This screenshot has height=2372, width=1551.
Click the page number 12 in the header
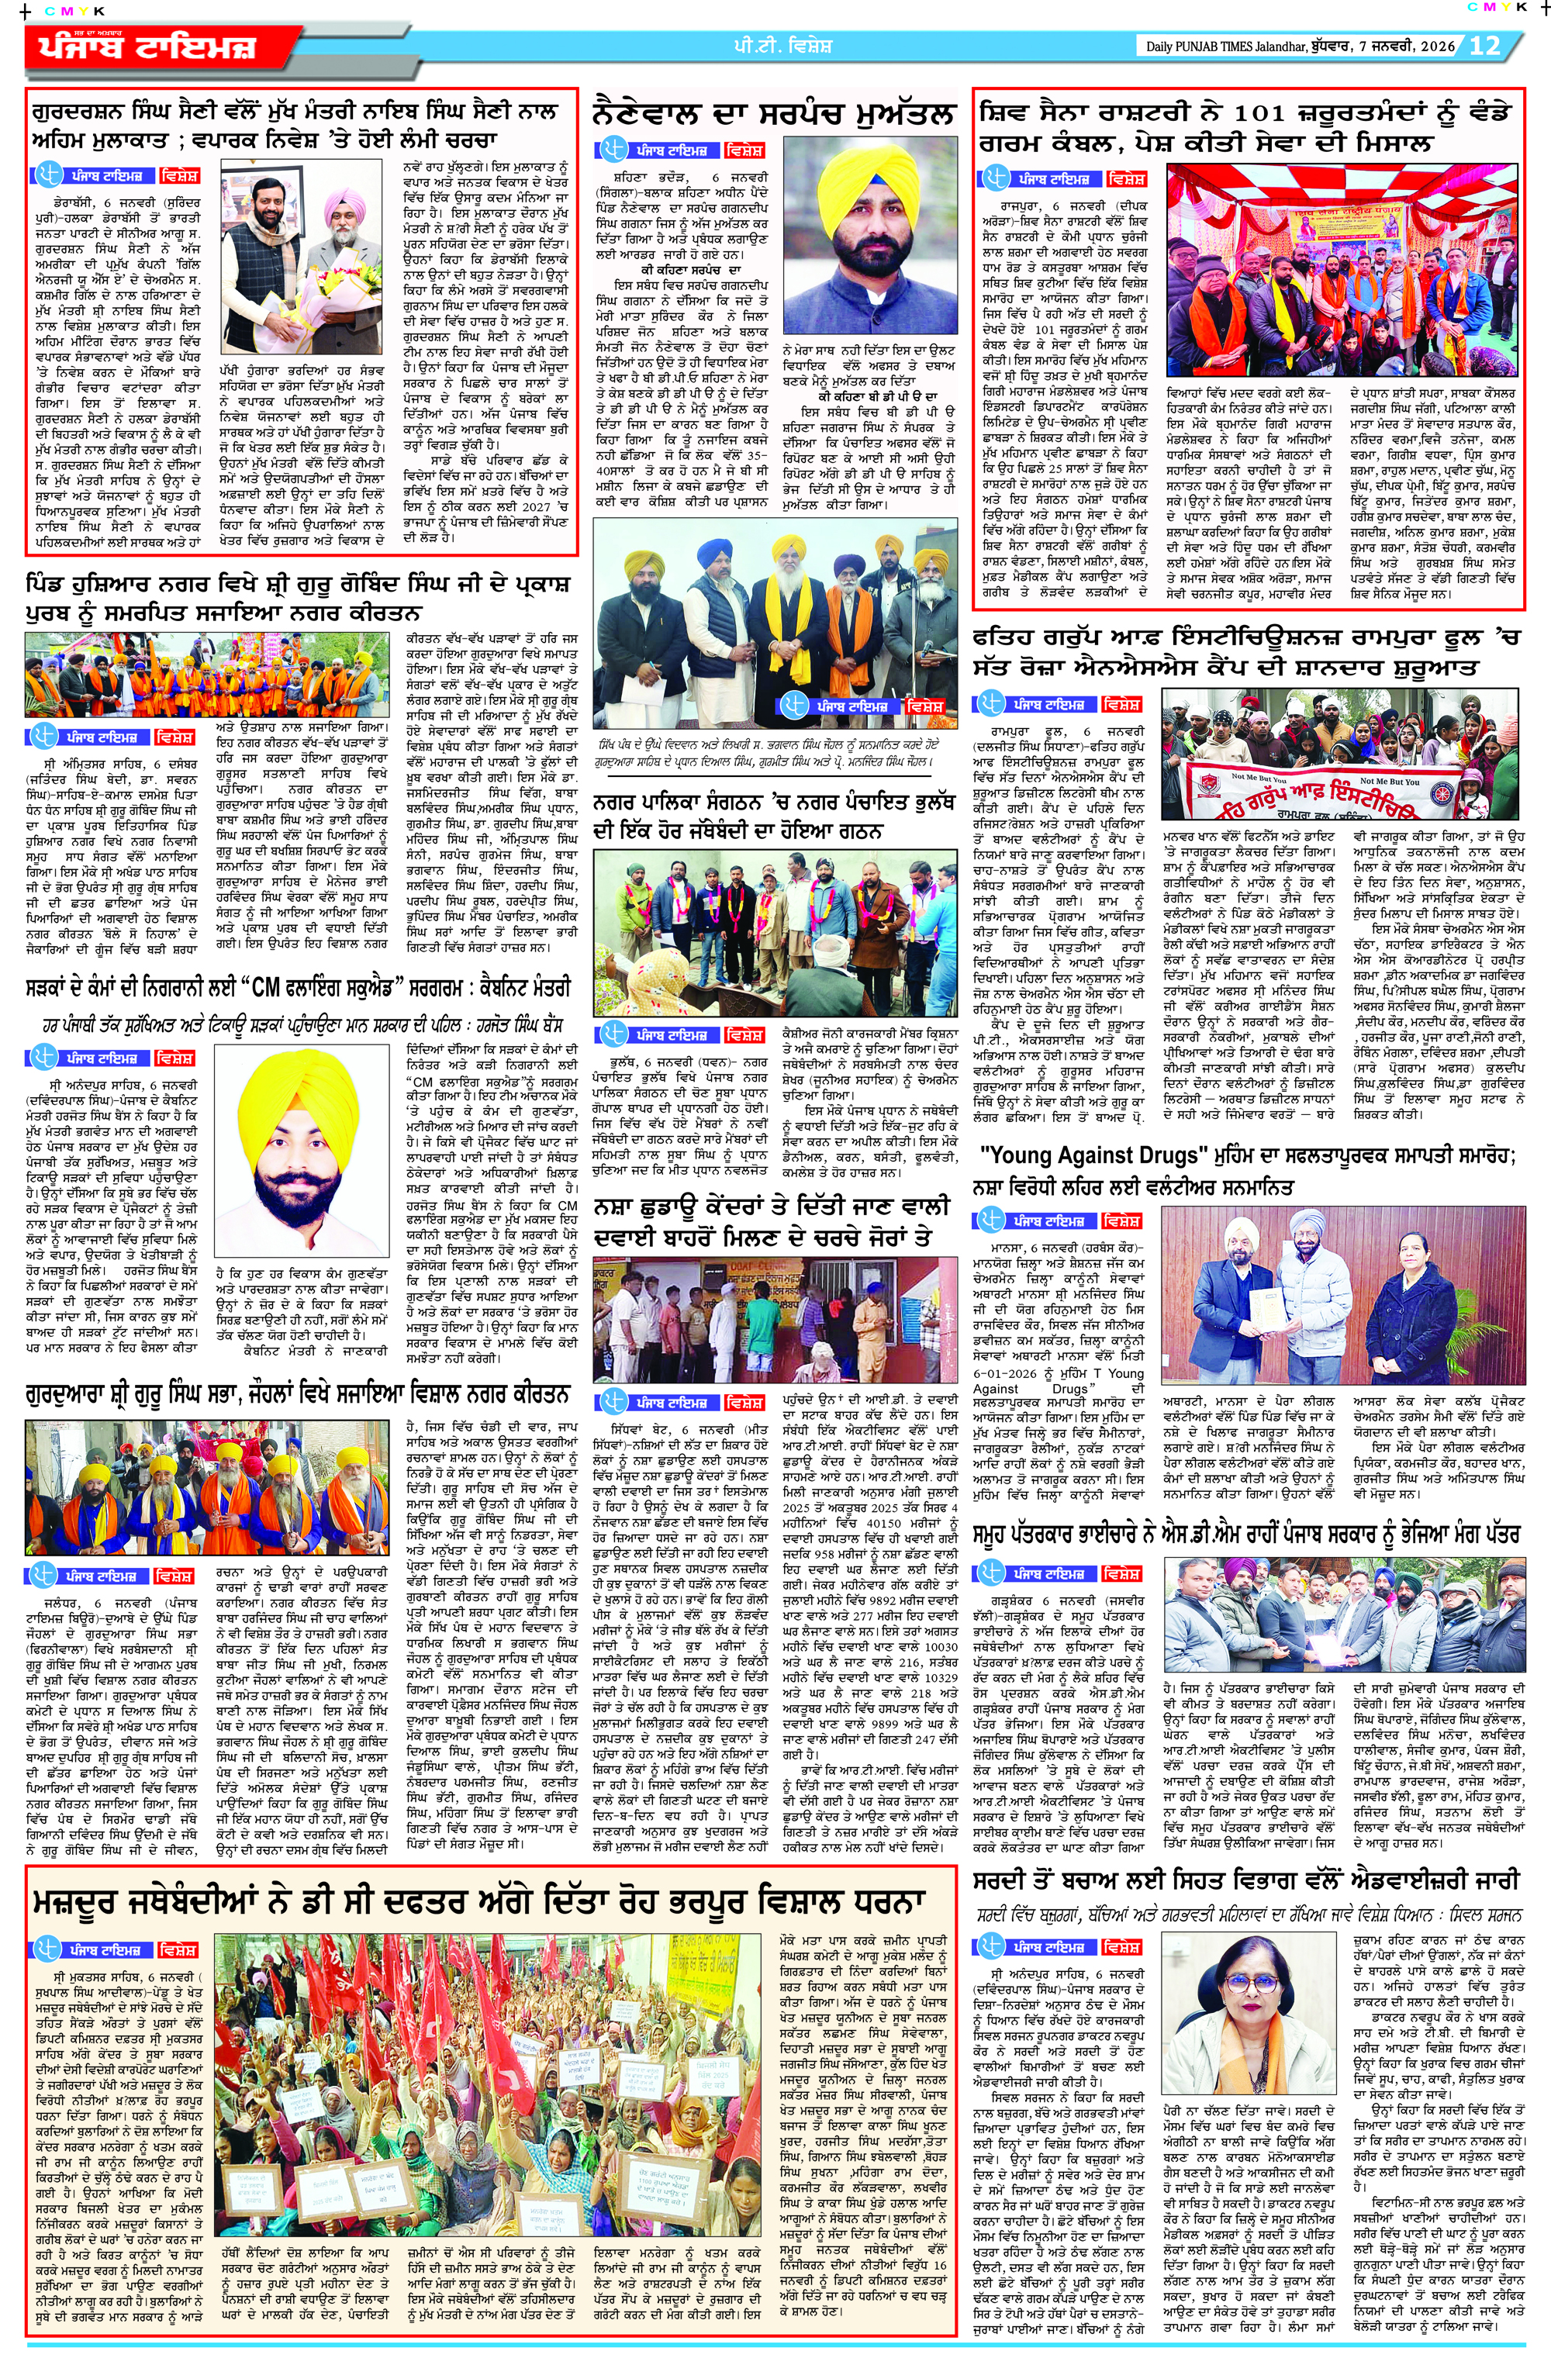click(1484, 45)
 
